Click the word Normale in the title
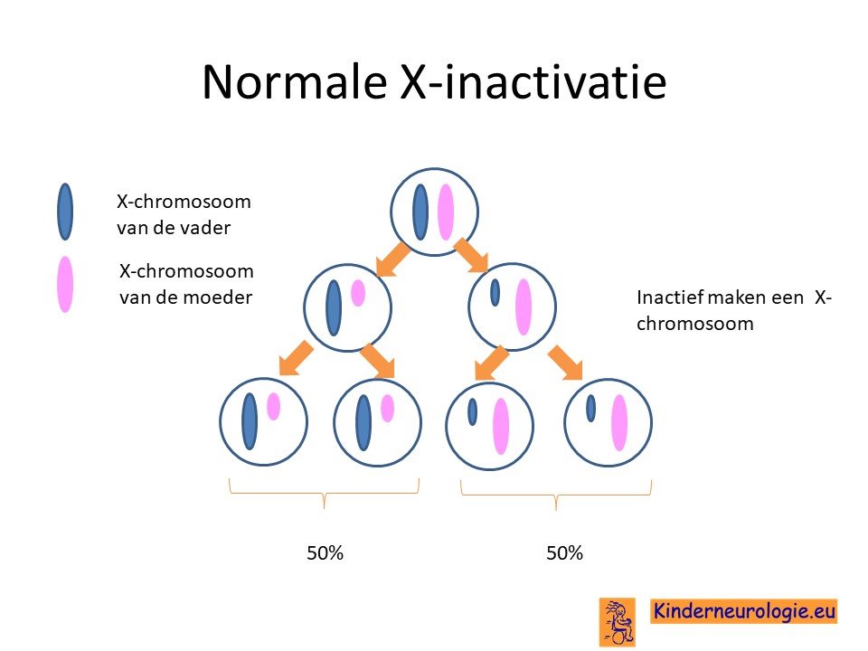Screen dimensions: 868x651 point(295,82)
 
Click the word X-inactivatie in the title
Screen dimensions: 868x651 point(533,82)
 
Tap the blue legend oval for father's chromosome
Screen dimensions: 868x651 point(65,212)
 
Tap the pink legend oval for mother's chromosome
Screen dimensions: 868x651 point(65,284)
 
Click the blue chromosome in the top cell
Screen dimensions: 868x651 point(420,212)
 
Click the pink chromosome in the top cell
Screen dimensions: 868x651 point(446,212)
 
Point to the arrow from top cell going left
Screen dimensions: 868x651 point(392,259)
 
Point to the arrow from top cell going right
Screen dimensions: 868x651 point(471,256)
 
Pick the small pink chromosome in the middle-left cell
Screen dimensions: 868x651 point(358,293)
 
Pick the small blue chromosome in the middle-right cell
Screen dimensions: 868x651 point(495,292)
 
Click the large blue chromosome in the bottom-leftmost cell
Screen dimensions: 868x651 point(250,421)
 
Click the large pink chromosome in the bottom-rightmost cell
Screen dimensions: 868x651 point(619,423)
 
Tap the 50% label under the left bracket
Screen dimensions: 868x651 point(325,553)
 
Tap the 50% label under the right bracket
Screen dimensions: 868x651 point(564,553)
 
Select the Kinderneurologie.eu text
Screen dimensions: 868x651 point(743,611)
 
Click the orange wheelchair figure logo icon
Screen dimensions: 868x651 point(618,622)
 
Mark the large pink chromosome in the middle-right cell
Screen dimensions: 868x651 point(524,307)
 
